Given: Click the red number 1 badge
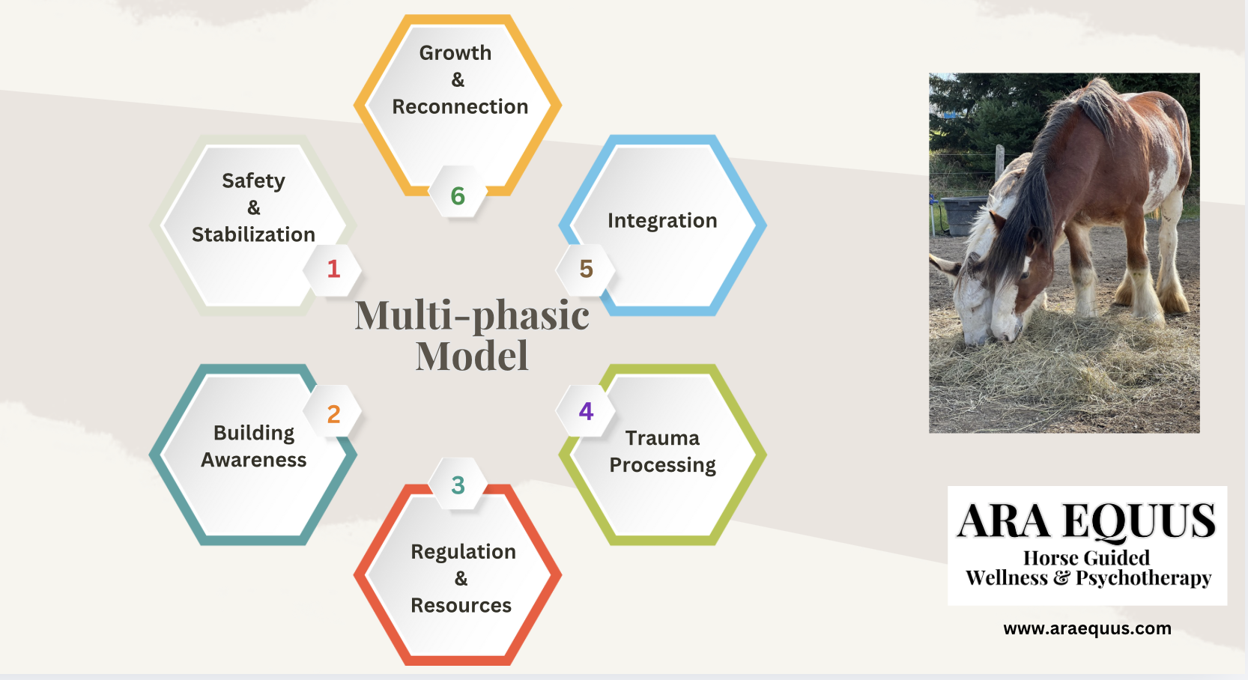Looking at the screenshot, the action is pos(333,270).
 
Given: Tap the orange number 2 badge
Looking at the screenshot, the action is pos(333,414).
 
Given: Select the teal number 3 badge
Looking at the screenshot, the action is pos(458,485).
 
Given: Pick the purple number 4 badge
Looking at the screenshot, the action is pos(586,411).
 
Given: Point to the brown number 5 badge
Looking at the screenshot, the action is pos(586,270).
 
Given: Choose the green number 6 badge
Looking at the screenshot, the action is pos(458,195).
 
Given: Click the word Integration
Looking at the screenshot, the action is pos(662,221).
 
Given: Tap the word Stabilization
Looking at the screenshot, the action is pos(253,234).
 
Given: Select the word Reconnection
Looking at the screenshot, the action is pos(460,106).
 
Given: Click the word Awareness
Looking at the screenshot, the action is pos(253,460).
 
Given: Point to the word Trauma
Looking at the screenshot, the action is pos(662,438).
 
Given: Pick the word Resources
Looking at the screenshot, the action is pos(461,605).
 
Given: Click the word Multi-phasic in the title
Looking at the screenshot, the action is pos(472,315).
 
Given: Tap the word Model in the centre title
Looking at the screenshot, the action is pos(472,355).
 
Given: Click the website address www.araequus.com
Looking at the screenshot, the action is pos(1087,629).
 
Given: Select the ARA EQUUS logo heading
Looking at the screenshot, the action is pos(1086,520).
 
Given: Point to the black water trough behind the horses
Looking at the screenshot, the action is pos(965,215).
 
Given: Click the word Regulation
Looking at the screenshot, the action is pos(463,551).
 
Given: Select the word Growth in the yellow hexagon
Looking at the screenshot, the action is pos(455,53).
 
